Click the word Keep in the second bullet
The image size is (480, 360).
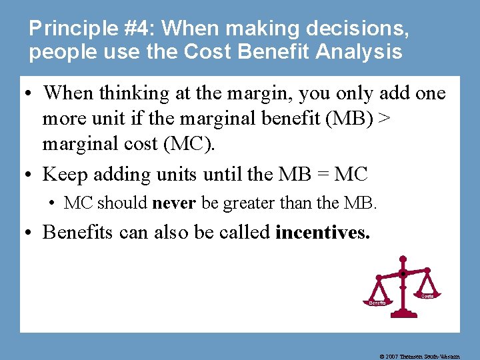point(66,175)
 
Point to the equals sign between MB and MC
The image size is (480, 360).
point(311,175)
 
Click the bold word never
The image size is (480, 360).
point(174,203)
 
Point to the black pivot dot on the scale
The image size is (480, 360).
point(403,274)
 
